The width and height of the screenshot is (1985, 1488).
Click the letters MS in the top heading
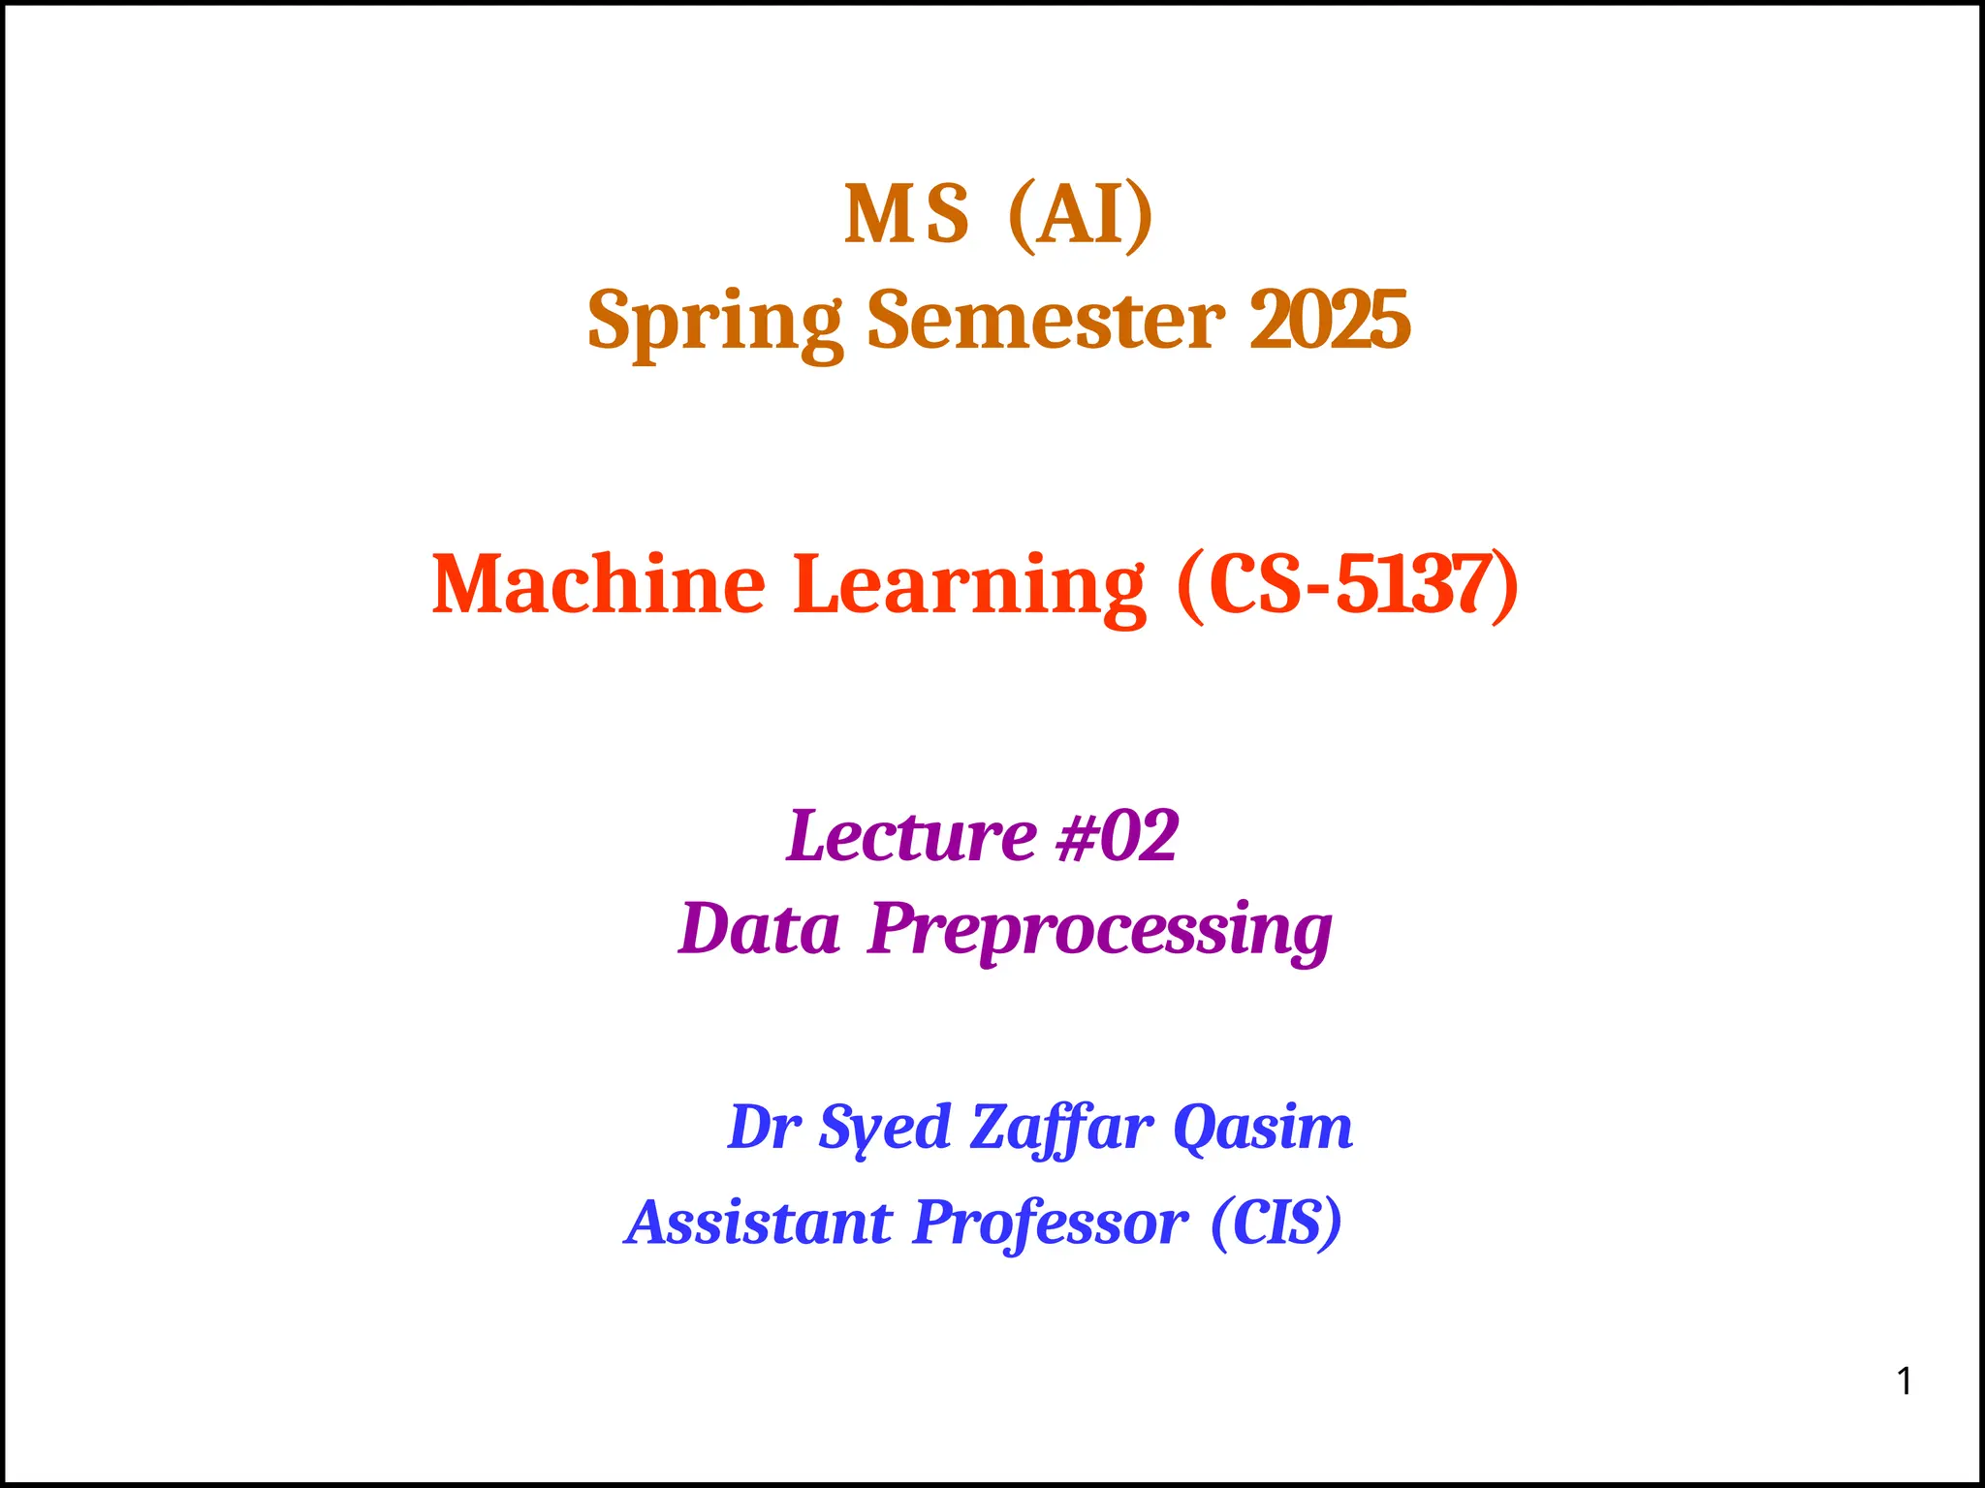point(906,215)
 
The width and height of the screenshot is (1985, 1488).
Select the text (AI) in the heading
point(1081,215)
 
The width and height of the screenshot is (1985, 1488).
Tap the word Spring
point(715,322)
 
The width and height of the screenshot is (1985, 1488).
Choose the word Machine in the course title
point(598,584)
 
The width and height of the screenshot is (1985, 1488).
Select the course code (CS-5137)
point(1347,584)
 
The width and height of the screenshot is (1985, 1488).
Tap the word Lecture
point(912,835)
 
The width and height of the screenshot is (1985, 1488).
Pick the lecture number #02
point(1118,835)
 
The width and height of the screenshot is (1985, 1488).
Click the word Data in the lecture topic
point(759,928)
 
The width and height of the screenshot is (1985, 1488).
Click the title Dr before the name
point(764,1127)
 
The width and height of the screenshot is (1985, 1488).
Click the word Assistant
point(759,1222)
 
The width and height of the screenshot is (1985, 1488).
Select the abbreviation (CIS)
point(1276,1222)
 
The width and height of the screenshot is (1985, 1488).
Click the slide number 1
point(1905,1380)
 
